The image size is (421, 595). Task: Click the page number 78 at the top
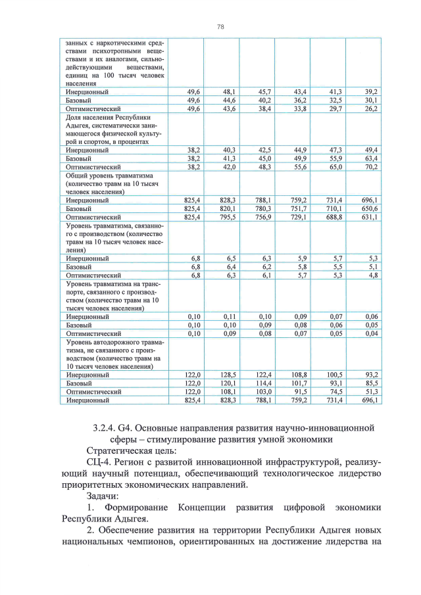(x=220, y=26)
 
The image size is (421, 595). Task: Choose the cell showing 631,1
(x=369, y=216)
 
